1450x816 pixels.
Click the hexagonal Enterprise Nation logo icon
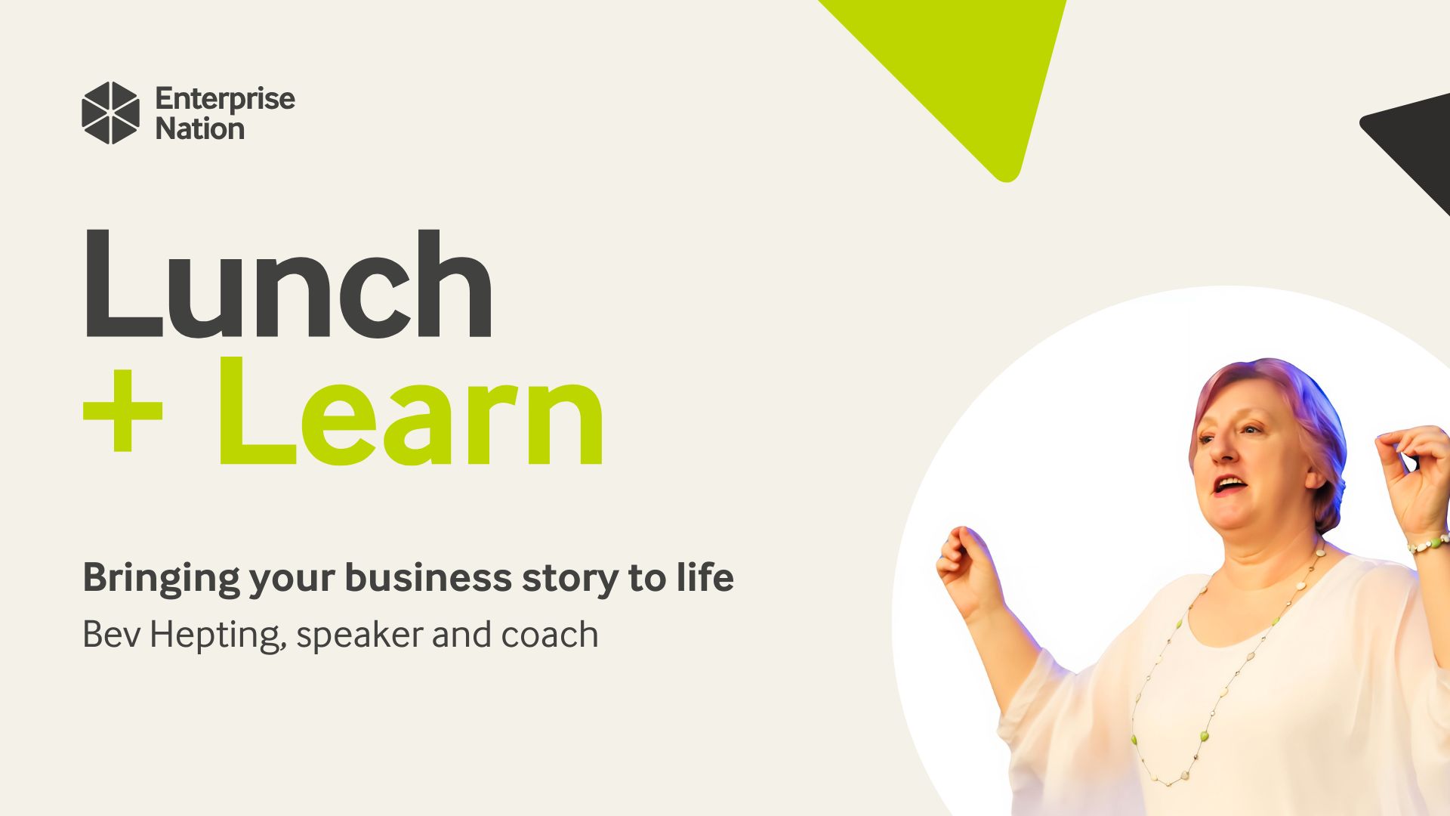point(110,113)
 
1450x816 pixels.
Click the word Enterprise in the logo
point(225,100)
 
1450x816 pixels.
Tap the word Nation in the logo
point(200,129)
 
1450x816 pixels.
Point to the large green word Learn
point(412,413)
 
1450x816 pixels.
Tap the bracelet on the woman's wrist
point(1428,542)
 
